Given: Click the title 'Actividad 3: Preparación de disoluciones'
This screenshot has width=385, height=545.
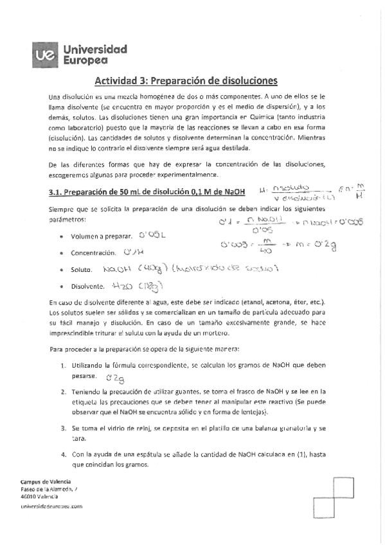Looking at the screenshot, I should pyautogui.click(x=186, y=81).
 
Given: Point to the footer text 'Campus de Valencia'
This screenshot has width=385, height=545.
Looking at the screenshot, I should pyautogui.click(x=46, y=481).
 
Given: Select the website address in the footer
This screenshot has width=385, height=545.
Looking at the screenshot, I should pyautogui.click(x=51, y=507).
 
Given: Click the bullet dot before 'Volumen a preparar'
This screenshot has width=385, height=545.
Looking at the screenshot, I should pyautogui.click(x=60, y=237).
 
